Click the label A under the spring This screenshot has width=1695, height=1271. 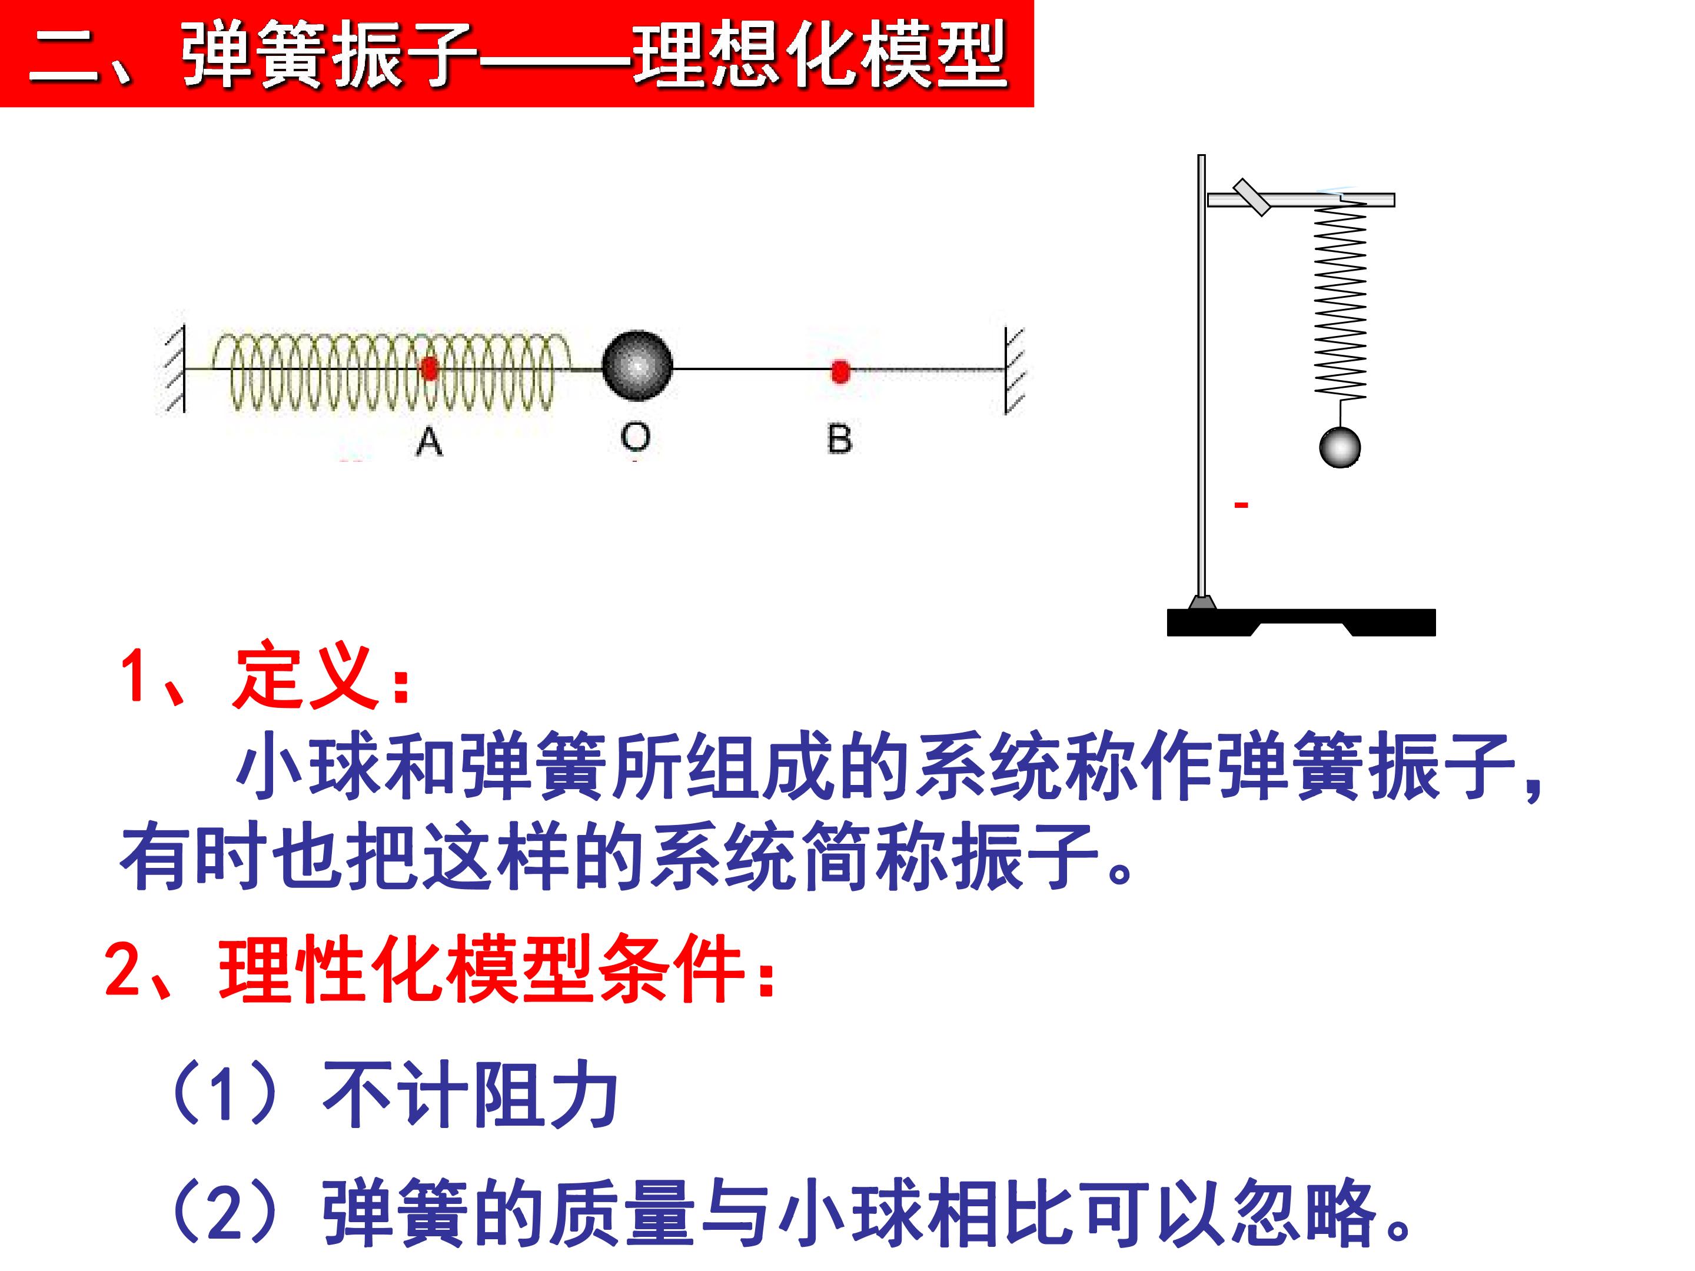[x=429, y=441]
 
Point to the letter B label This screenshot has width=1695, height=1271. [x=840, y=439]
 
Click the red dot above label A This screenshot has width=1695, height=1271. [x=430, y=370]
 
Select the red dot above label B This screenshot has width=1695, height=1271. [x=840, y=371]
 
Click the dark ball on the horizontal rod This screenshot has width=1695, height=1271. [x=637, y=365]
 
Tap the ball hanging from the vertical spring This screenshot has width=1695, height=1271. [x=1340, y=447]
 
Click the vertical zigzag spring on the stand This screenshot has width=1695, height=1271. [x=1340, y=299]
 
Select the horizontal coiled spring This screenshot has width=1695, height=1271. [x=391, y=370]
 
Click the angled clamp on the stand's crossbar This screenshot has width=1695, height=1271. [x=1252, y=197]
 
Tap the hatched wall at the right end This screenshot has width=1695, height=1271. [x=1015, y=371]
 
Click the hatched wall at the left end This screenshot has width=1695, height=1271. [x=175, y=370]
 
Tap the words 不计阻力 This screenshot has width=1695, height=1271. [x=470, y=1094]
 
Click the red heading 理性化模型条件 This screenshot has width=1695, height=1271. [x=481, y=969]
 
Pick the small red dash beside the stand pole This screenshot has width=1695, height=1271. [x=1241, y=504]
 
